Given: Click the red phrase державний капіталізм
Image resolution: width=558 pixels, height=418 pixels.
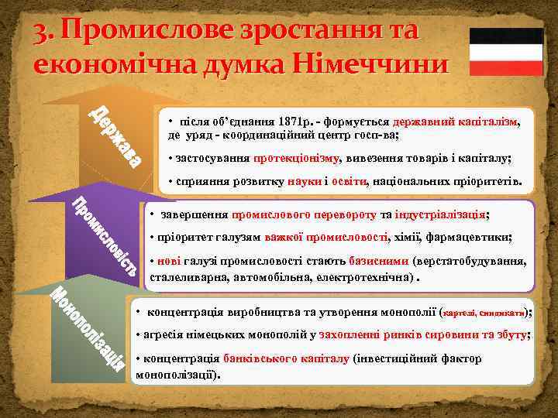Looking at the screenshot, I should [x=454, y=122].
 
